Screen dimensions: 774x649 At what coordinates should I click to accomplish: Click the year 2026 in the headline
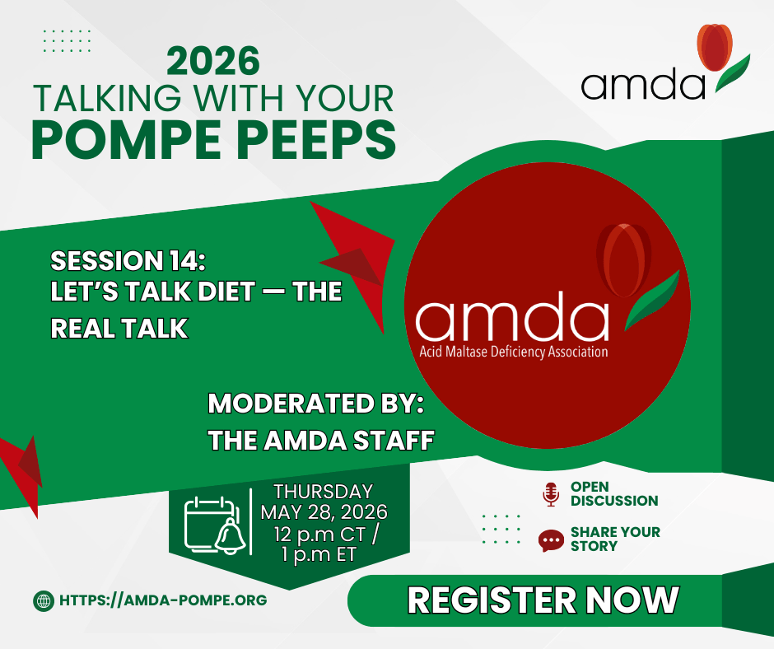pos(212,61)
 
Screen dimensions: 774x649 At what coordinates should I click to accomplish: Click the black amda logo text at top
pos(643,85)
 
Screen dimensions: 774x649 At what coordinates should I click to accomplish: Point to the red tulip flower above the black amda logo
pos(714,48)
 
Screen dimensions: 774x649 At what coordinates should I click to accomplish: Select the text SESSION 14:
pos(128,261)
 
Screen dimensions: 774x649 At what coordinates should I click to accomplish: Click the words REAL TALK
pos(119,328)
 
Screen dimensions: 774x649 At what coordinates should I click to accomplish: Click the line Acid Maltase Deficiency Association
pos(513,352)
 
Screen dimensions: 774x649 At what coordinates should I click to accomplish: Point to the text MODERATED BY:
pos(316,404)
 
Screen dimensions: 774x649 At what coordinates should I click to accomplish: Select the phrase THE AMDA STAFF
pos(321,440)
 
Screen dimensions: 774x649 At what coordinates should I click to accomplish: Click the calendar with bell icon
pos(215,525)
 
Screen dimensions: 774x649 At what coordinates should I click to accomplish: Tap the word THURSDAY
pos(324,492)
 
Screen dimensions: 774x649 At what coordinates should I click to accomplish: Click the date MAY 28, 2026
pos(324,512)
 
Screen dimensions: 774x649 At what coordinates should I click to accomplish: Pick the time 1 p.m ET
pos(319,554)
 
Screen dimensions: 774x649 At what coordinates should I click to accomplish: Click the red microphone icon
pos(551,494)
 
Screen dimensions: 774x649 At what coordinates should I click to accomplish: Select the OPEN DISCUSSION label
pos(614,494)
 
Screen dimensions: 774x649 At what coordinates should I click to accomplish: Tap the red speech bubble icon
pos(551,541)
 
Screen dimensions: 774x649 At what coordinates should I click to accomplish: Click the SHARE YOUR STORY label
pos(615,539)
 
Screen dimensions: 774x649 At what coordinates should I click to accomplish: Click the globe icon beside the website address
pos(44,601)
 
